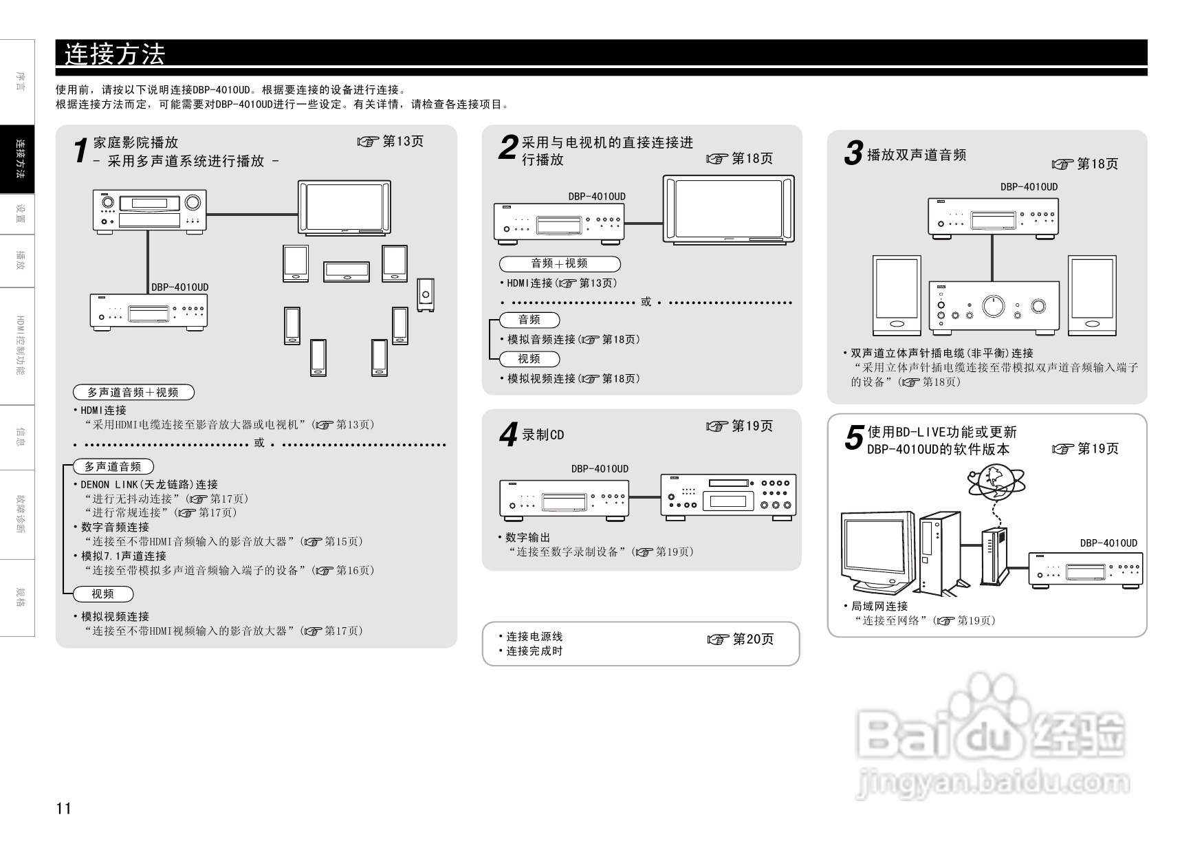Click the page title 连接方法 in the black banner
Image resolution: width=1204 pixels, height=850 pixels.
(x=115, y=54)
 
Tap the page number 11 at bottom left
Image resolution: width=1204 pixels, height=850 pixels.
(x=63, y=808)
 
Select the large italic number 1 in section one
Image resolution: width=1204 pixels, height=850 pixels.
(x=81, y=151)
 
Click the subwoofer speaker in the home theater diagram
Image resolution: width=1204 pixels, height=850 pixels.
(x=426, y=296)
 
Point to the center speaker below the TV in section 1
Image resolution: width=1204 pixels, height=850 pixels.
(x=347, y=271)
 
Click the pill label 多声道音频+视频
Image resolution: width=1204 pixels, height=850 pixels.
(x=133, y=392)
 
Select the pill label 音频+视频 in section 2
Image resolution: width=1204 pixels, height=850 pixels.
(x=559, y=263)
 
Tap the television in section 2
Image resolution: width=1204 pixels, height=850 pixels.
(x=728, y=209)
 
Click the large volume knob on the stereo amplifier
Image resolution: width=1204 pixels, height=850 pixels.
(x=993, y=305)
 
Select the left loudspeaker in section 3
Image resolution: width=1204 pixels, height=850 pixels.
(x=896, y=296)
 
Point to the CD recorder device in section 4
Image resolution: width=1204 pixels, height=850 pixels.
(x=728, y=496)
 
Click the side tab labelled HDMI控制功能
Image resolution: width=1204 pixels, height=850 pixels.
(x=21, y=345)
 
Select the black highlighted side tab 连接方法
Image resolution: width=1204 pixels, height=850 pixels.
(x=21, y=159)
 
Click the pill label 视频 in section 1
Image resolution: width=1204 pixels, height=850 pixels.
(x=103, y=593)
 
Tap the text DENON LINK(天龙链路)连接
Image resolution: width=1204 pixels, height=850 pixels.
(x=149, y=484)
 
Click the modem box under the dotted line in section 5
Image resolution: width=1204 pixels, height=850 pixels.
(x=994, y=556)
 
